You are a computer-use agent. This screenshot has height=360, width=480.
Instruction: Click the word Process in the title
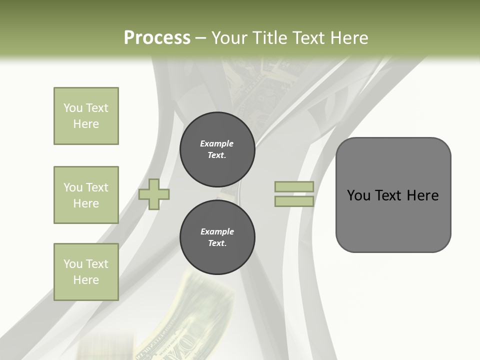pos(157,38)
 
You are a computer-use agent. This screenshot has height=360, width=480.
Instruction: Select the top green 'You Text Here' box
pos(86,116)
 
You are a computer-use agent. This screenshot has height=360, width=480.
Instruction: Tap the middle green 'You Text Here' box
pos(86,195)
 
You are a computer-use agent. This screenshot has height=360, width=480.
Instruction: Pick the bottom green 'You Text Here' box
pos(86,272)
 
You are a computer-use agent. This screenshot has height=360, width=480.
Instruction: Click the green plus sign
pos(154,194)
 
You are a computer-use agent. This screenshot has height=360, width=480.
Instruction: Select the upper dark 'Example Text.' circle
pos(217,149)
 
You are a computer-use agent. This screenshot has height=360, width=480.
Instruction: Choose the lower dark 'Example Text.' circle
pos(217,237)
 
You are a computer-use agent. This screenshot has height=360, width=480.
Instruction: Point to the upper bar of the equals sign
pos(294,186)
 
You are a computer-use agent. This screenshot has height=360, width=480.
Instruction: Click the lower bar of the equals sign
pos(294,201)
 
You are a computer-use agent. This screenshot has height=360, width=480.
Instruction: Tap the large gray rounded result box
pos(393,194)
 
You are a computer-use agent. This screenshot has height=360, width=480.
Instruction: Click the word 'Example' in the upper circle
pos(217,143)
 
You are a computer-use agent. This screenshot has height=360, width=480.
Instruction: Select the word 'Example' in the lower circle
pos(217,231)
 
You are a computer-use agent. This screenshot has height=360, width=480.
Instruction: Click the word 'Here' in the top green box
pos(86,124)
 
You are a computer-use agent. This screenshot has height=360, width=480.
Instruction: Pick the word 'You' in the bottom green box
pos(73,264)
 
